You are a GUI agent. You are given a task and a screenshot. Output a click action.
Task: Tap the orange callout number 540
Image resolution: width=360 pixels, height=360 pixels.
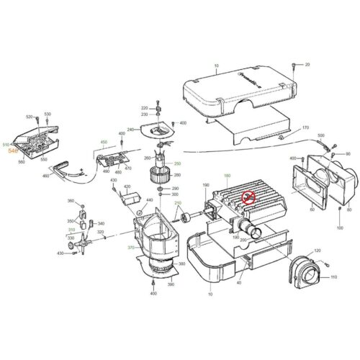pyautogui.click(x=12, y=152)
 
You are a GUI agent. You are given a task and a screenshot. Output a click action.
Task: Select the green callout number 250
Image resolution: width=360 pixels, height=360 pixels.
pyautogui.click(x=177, y=164)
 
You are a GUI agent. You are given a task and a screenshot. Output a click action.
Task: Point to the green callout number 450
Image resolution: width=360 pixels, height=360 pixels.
pyautogui.click(x=104, y=143)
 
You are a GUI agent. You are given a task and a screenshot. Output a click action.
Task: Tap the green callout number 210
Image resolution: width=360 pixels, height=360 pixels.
pyautogui.click(x=177, y=204)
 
